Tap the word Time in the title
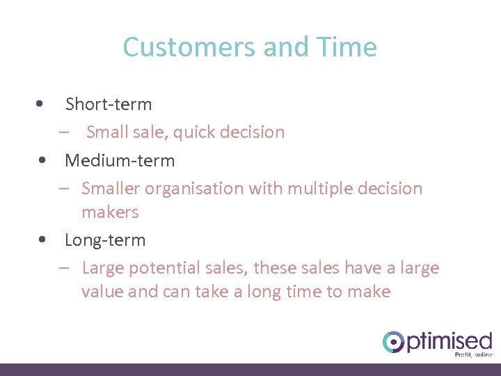point(347,47)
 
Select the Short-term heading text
point(108,104)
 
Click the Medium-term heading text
point(120,161)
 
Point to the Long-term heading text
point(105,240)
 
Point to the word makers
point(110,212)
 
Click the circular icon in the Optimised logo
point(393,342)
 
